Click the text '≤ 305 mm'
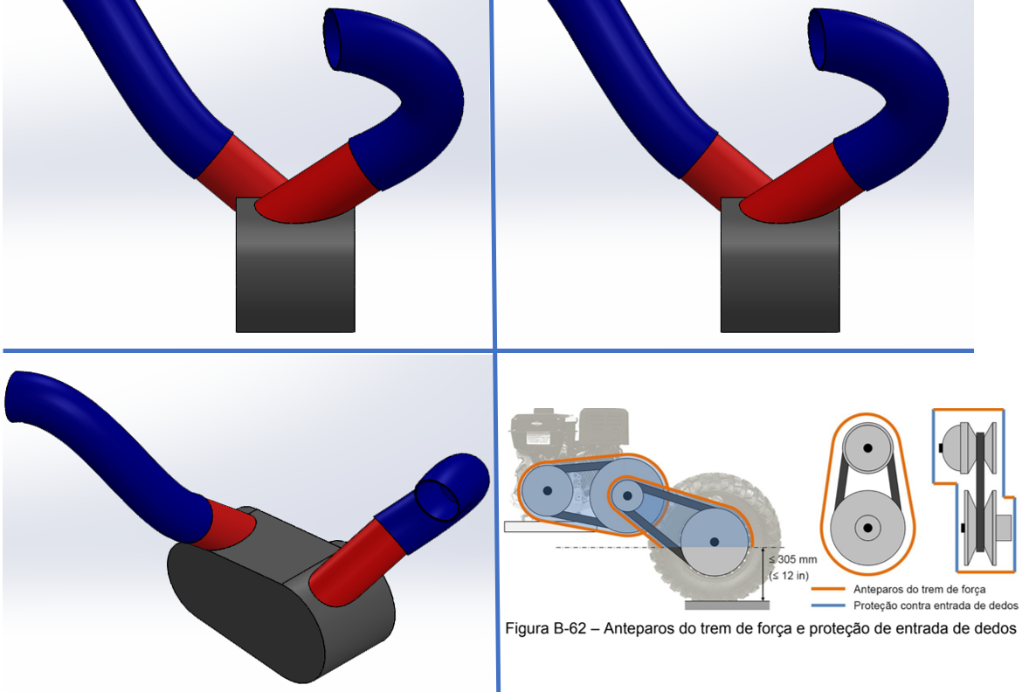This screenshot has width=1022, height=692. point(793,559)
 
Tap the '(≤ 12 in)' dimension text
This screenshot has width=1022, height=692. point(790,576)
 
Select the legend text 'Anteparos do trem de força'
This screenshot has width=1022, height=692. point(920,590)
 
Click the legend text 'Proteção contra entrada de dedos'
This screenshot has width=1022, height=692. point(936,605)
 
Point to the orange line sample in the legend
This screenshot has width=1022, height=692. point(828,589)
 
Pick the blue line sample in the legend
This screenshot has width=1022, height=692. point(828,605)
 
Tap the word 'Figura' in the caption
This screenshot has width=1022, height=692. point(527,629)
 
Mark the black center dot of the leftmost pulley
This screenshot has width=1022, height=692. point(548,490)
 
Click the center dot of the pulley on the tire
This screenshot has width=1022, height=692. point(715,542)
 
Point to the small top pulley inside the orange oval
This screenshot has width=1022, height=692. point(867,448)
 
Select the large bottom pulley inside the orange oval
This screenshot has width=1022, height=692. point(867,529)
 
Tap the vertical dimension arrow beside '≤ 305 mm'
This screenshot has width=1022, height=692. point(763,574)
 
